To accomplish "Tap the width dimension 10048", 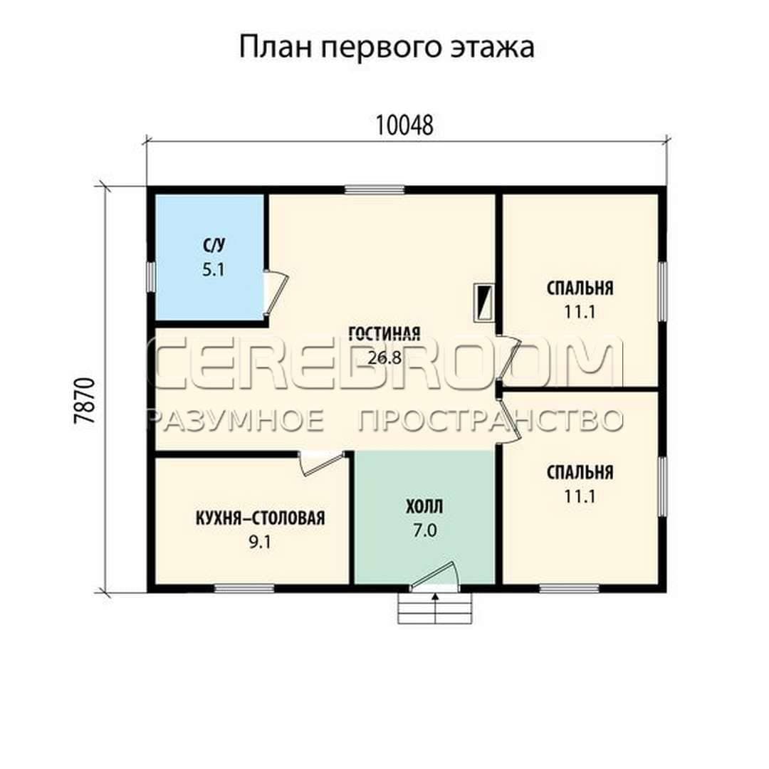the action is pos(404,125).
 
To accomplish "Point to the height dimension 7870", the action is pos(83,400).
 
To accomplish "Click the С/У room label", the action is pos(214,245).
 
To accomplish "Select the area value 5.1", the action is pos(214,269).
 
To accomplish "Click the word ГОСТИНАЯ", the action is pos(384,333).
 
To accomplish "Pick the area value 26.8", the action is pos(384,358).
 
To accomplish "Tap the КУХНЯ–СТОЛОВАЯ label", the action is pos(261,518).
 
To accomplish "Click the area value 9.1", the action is pos(260,543).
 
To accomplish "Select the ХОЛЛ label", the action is pos(424,507).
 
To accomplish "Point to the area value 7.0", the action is pos(424,530).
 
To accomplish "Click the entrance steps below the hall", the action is pos(434,608).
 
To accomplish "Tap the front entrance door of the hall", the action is pos(434,574).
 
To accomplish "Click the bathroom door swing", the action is pos(276,293).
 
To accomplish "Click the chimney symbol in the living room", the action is pos(483,303).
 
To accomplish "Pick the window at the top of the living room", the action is pos(375,190).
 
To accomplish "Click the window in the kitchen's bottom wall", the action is pos(244,589).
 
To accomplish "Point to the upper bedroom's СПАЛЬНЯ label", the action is pos(580,288).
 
